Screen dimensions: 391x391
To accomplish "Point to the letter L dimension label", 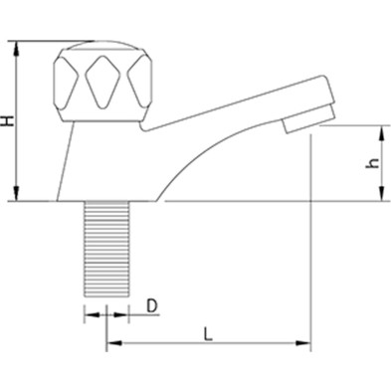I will coord(208,332).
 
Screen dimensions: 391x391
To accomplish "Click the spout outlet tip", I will coord(297,125).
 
